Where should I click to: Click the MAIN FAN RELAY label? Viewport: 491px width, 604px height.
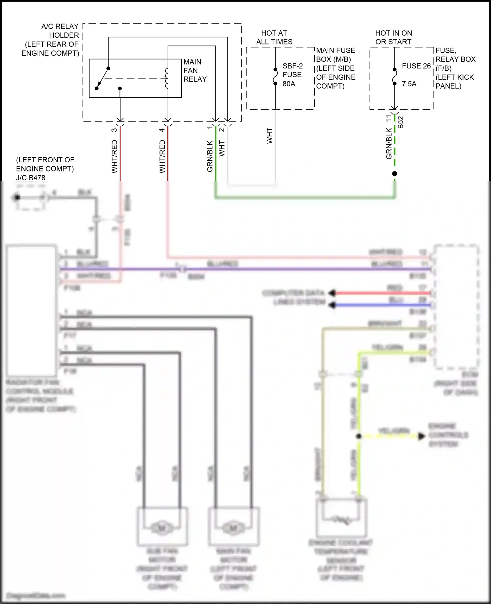[195, 70]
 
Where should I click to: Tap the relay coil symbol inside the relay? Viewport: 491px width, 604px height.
[167, 79]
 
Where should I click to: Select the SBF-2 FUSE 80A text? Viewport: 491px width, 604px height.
[292, 75]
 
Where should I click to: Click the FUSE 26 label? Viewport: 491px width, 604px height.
[416, 66]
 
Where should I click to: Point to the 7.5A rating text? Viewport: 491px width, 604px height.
[409, 84]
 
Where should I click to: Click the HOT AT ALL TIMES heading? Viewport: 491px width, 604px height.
[274, 37]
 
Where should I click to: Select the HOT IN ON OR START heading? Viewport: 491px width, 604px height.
[393, 37]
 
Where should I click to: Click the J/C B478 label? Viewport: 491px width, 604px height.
[31, 178]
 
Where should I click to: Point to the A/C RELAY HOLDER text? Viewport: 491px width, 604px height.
[60, 31]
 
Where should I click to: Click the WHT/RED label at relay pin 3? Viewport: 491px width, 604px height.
[114, 156]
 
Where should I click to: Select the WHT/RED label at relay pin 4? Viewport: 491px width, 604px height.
[162, 156]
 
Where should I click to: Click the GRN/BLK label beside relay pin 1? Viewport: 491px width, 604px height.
[210, 156]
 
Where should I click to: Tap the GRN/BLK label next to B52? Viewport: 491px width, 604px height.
[389, 143]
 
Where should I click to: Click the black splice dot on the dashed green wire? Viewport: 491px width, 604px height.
[394, 174]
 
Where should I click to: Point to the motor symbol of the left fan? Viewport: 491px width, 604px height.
[162, 528]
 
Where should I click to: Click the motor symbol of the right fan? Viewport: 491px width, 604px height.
[233, 528]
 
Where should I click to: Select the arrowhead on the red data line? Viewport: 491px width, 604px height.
[332, 293]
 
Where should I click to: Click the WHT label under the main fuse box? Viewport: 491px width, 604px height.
[269, 135]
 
